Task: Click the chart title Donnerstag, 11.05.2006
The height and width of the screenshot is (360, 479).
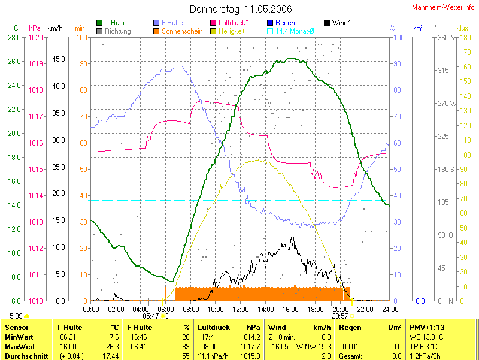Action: point(241,9)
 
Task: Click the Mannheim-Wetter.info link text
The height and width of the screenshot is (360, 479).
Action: point(443,7)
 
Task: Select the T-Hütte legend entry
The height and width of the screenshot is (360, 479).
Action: point(116,23)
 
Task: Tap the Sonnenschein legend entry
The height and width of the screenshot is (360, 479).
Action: point(182,31)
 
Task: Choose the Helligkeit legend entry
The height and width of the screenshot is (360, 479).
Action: point(231,31)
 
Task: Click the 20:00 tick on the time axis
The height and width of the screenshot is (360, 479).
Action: point(340,309)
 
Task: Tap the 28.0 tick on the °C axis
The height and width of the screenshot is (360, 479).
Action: point(14,38)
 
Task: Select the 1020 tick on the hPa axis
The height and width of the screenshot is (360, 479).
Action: point(35,38)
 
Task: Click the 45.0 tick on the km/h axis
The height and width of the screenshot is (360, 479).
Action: point(58,59)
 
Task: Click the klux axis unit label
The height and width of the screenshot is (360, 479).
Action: point(462,28)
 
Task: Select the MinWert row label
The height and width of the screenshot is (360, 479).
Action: point(19,337)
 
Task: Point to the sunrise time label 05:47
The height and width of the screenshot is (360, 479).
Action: point(151,316)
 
